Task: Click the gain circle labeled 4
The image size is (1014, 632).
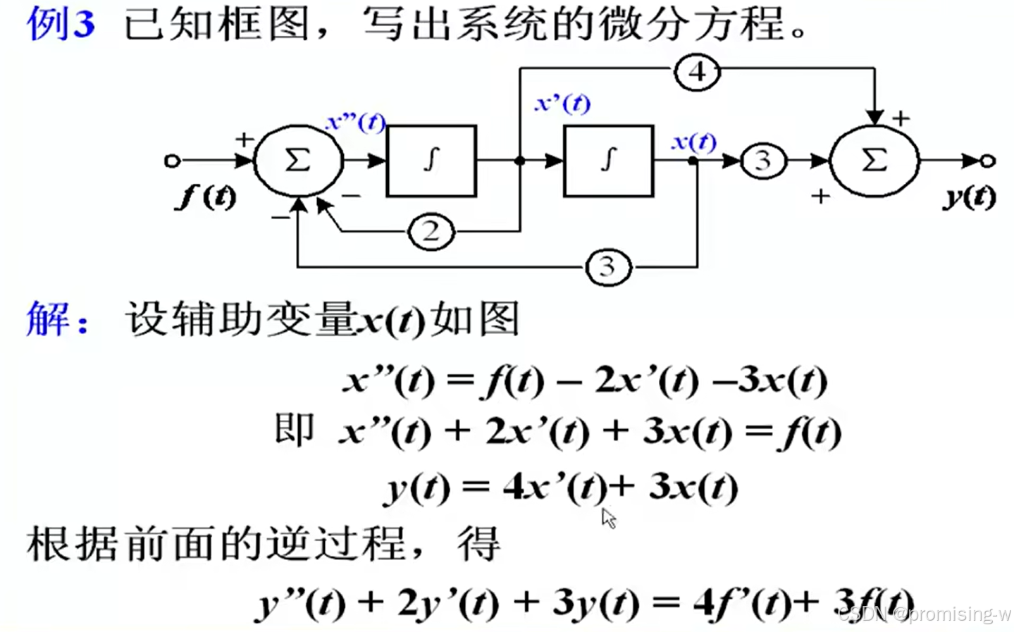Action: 697,72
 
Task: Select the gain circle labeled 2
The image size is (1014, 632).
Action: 431,231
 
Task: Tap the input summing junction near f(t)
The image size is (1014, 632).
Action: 298,161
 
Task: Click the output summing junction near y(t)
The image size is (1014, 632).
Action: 874,161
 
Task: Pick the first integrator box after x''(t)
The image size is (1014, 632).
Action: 431,161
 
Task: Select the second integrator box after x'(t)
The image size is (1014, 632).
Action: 608,161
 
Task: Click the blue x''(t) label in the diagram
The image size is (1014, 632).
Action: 355,123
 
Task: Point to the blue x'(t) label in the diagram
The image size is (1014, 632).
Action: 562,104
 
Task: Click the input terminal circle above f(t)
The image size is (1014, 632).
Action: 172,161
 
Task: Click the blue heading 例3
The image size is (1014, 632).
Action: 61,23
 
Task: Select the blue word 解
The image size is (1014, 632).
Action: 47,318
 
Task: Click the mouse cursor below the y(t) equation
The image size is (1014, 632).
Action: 609,519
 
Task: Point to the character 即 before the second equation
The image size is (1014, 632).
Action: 294,429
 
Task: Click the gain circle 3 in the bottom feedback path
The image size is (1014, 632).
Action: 607,267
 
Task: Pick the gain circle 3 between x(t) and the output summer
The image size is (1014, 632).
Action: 763,161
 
